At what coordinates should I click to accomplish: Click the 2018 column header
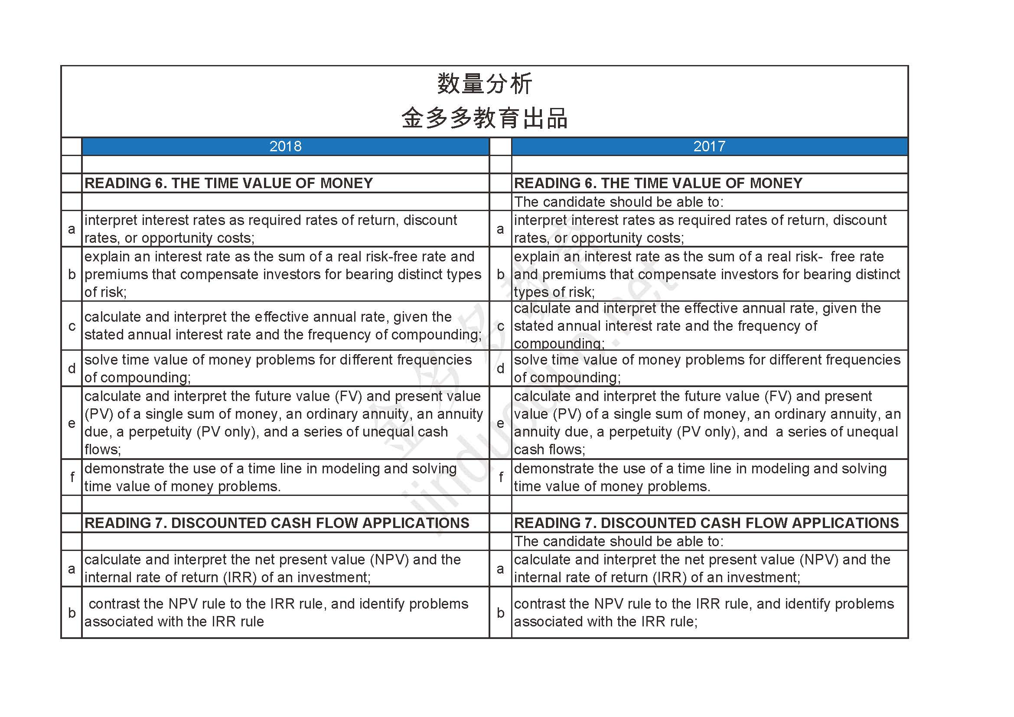(x=285, y=146)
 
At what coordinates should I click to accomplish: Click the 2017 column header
(x=709, y=146)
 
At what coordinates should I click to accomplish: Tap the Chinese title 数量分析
(x=485, y=84)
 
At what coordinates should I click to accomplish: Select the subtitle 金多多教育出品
(x=485, y=118)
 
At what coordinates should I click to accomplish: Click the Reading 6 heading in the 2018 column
(x=228, y=183)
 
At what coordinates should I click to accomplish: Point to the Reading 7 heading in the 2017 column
(x=706, y=523)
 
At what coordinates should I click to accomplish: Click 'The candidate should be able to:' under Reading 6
(x=618, y=202)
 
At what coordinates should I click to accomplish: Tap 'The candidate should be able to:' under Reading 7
(x=618, y=542)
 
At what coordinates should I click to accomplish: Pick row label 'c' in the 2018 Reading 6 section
(x=72, y=326)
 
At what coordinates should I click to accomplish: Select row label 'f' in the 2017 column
(x=500, y=477)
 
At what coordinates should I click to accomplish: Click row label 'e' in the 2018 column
(x=72, y=424)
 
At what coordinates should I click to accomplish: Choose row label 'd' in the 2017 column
(x=500, y=368)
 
